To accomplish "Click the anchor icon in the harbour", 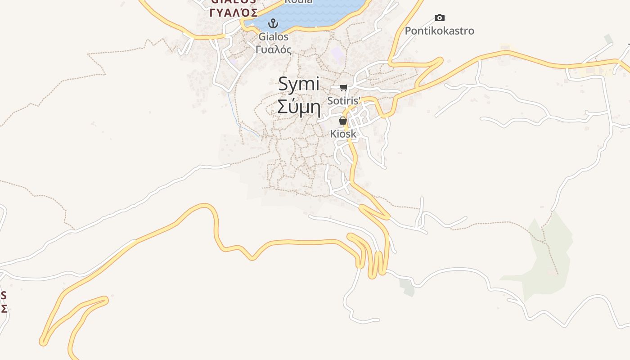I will [x=273, y=23].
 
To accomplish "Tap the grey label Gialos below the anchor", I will [x=273, y=36].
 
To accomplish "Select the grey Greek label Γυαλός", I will [x=273, y=49].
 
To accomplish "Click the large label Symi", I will [x=299, y=84].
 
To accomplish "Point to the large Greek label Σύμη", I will [x=299, y=108].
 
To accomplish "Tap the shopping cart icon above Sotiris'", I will [x=344, y=87].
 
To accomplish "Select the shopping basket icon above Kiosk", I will [x=343, y=121].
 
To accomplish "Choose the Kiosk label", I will [x=343, y=134].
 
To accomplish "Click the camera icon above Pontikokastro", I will [x=440, y=18].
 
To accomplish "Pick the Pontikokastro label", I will [x=440, y=31].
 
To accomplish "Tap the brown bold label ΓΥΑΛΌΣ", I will [x=233, y=12].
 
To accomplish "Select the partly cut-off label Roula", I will [x=298, y=2].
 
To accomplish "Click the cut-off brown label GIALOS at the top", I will [x=233, y=2].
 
